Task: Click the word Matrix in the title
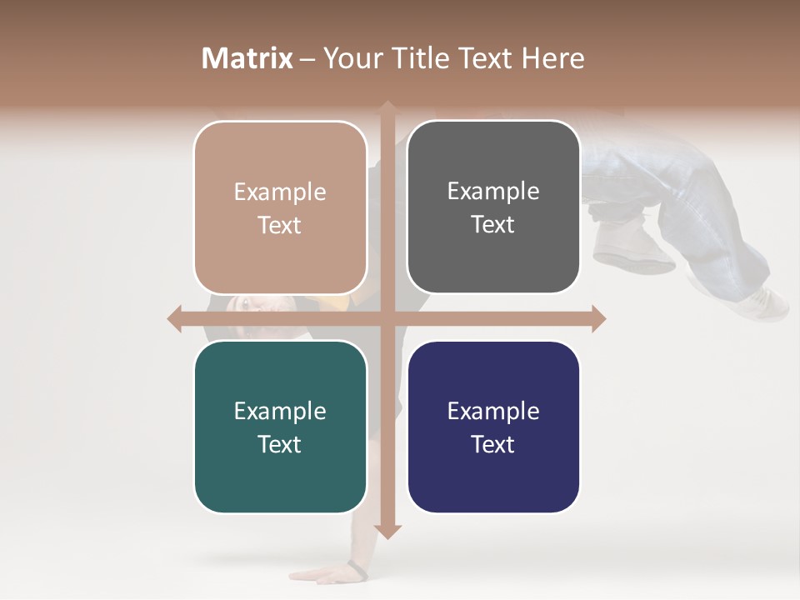247,58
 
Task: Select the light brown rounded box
280,207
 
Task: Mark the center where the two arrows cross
387,318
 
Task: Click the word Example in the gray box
493,192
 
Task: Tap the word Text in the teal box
280,444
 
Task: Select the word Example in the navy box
493,411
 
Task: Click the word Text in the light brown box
280,225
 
